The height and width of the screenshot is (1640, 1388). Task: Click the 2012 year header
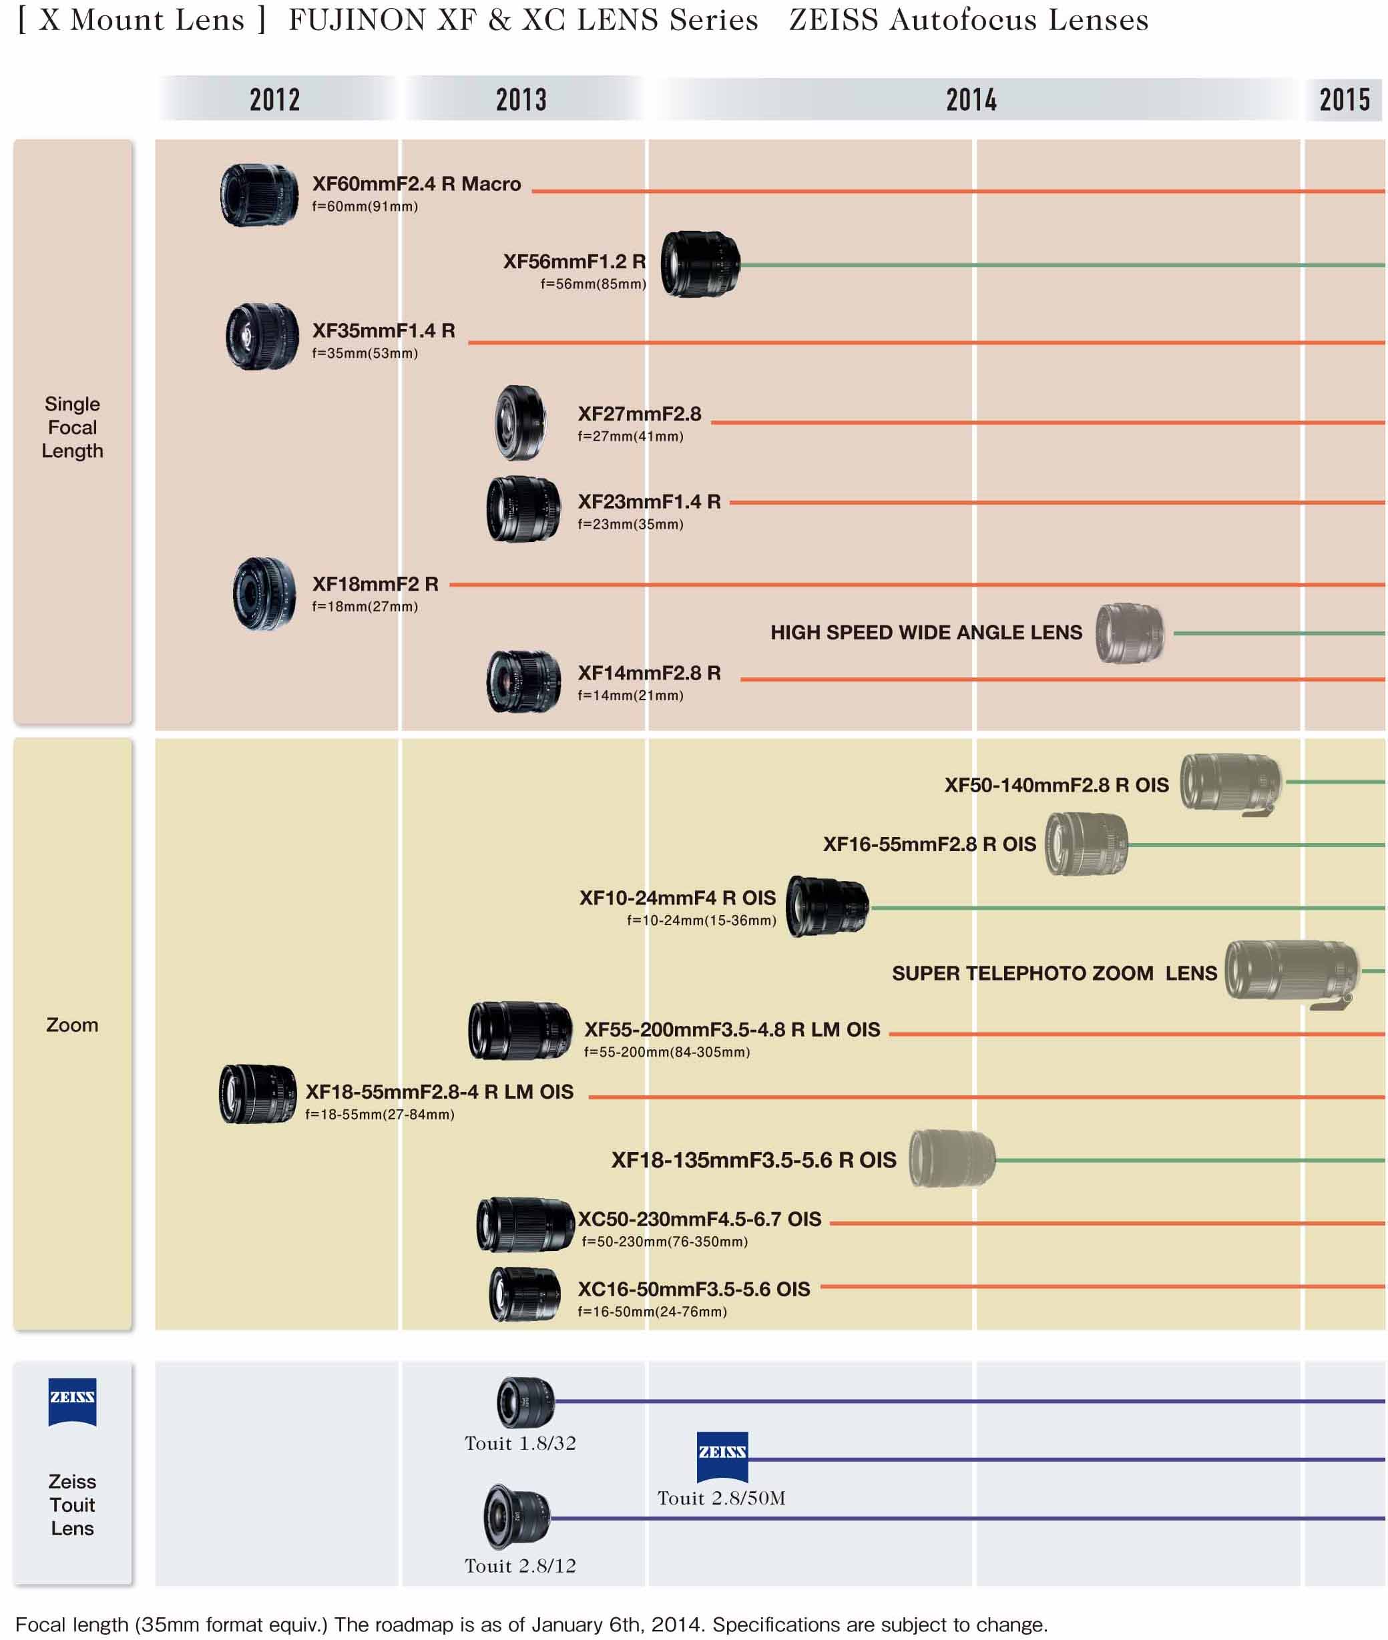[x=274, y=100]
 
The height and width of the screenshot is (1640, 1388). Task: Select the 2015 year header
[x=1344, y=100]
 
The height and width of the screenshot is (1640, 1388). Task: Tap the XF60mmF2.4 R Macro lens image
[x=259, y=195]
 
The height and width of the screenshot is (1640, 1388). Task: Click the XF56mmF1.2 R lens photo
[x=700, y=264]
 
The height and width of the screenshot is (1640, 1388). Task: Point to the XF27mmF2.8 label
[x=639, y=414]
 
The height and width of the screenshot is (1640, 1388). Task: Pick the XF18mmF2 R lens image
[x=264, y=594]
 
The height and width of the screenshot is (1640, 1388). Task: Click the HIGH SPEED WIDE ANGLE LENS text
[x=925, y=632]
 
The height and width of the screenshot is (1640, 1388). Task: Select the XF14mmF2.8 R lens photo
[x=523, y=681]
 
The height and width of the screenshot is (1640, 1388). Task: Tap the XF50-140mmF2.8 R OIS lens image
[x=1230, y=784]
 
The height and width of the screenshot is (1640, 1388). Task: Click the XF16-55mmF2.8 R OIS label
[x=929, y=844]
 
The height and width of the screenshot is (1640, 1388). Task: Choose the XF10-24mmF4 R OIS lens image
[x=827, y=906]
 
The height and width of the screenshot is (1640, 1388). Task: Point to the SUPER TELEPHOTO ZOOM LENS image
[x=1291, y=973]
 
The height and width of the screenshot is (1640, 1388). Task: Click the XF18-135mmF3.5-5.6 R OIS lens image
[x=951, y=1158]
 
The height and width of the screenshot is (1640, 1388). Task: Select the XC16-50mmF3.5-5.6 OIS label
[x=693, y=1289]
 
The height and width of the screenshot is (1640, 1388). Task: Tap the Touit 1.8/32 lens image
[x=525, y=1402]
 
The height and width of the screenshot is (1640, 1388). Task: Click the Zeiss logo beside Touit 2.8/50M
[x=722, y=1456]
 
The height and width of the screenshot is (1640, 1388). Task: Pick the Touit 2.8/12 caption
[x=520, y=1565]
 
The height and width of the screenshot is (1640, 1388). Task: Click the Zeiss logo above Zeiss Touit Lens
[x=72, y=1402]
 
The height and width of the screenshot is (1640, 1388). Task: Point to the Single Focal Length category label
[x=72, y=427]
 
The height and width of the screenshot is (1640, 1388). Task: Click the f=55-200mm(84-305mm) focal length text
[x=666, y=1052]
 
